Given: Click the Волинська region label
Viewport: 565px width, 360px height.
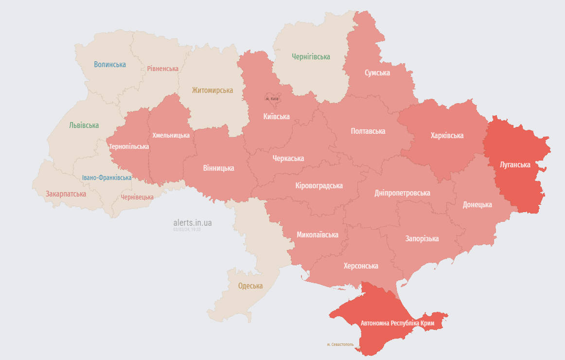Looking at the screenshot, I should pos(110,64).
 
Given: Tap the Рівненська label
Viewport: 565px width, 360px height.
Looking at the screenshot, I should pos(163,69).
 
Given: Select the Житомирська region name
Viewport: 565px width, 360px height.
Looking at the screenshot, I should pos(212,90).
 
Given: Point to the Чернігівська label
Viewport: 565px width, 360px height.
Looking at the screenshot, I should pos(311,57).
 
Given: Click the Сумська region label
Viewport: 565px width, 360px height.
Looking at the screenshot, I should pos(377,72).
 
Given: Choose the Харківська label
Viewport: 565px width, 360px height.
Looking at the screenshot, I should pos(447,135).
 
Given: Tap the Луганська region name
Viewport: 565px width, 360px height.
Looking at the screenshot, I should pos(515,164).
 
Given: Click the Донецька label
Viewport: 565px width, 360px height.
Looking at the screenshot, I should pos(477,205).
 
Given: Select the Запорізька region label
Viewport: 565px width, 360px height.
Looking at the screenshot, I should pos(422,238).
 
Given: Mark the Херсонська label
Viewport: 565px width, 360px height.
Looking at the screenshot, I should pos(361,266).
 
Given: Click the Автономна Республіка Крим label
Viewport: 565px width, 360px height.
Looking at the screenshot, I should pos(397,324).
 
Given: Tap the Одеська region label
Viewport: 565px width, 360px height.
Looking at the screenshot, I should pos(250,286).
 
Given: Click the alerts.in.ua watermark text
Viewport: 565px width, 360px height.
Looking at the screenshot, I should pos(193,223).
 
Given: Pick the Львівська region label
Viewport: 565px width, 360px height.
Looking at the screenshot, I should pos(84,125).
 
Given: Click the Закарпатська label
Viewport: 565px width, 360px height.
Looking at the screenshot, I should pos(66,194).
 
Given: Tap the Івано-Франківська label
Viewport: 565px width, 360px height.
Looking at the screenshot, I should pos(106,178).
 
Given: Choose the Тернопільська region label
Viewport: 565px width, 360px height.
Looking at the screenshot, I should pos(129,146).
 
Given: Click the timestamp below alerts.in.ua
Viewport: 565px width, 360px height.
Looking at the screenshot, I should pos(187,229).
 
